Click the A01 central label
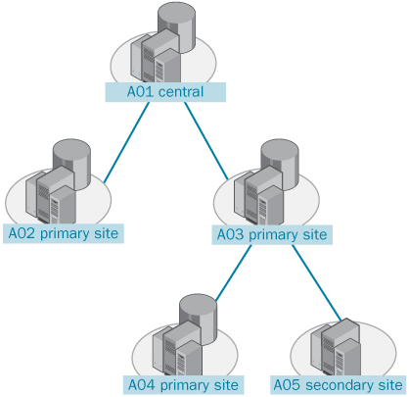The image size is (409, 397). (x=165, y=92)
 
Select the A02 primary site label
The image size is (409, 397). (x=64, y=233)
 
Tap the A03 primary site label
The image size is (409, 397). (x=272, y=234)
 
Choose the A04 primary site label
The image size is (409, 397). (x=183, y=385)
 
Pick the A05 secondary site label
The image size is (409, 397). (x=338, y=385)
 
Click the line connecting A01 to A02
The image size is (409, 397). (x=126, y=142)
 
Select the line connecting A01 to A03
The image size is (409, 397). (x=206, y=141)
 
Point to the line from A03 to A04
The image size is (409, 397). (x=234, y=273)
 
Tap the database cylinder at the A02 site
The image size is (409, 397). (x=71, y=162)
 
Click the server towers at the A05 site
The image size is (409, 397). (x=336, y=347)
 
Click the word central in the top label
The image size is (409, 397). (x=181, y=92)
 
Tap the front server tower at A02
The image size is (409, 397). (x=63, y=205)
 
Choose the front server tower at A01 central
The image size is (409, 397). (x=167, y=66)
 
